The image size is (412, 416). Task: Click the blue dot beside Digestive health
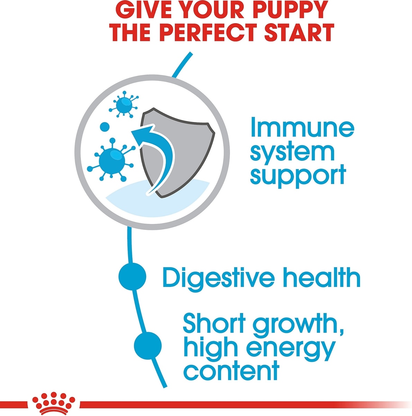(132, 276)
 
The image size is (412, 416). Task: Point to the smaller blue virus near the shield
(124, 104)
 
